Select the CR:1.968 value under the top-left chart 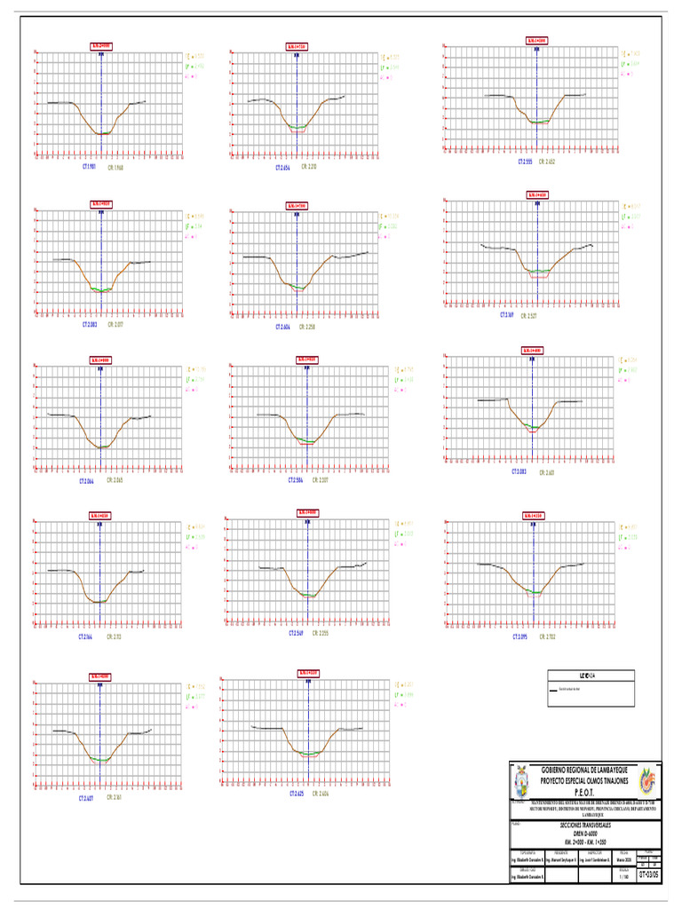click(x=116, y=166)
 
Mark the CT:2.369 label click(x=508, y=314)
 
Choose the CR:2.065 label click(x=115, y=480)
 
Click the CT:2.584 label click(x=297, y=480)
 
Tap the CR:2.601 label click(x=544, y=471)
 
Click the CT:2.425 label click(x=296, y=793)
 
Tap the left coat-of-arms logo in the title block click(x=524, y=782)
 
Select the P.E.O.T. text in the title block click(x=583, y=792)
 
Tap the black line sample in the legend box click(x=557, y=690)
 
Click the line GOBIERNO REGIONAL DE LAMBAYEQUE click(x=583, y=769)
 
